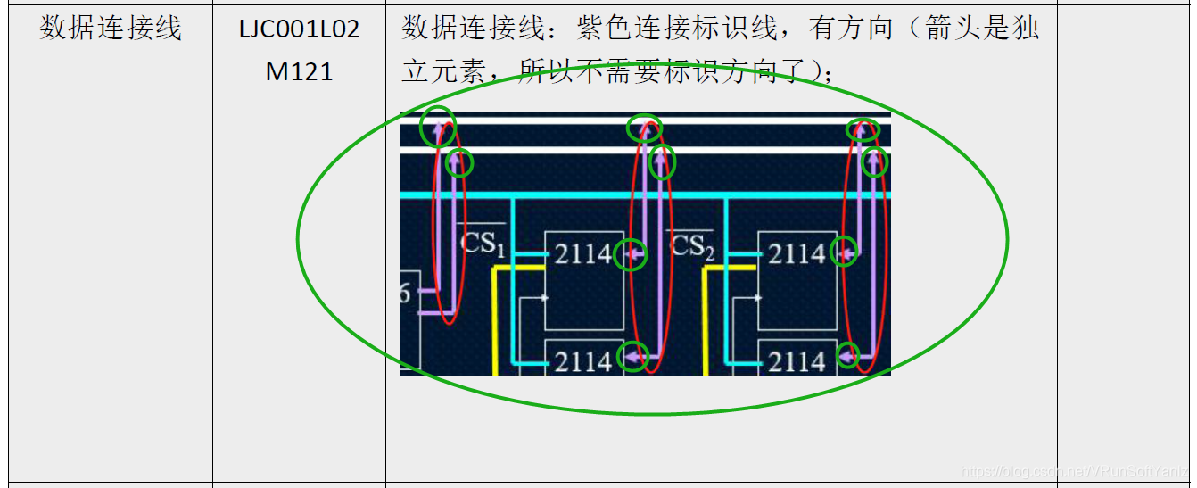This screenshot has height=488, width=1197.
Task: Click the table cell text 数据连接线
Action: [111, 29]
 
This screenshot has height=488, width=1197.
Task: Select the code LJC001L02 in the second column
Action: [299, 29]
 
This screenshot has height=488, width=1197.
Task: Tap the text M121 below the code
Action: [299, 71]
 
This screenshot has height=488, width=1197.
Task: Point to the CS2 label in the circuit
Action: [690, 244]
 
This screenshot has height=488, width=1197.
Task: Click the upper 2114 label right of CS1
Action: [583, 255]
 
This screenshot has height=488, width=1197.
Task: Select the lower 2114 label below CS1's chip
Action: [583, 361]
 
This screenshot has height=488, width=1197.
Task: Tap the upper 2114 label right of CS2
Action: [797, 255]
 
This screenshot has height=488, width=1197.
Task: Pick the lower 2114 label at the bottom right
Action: [797, 361]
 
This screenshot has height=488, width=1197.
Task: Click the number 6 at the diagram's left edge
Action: [405, 293]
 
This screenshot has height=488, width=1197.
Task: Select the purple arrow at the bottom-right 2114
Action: [848, 357]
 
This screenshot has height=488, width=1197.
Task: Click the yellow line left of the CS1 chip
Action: [495, 321]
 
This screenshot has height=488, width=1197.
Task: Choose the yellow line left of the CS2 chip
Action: [706, 321]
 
